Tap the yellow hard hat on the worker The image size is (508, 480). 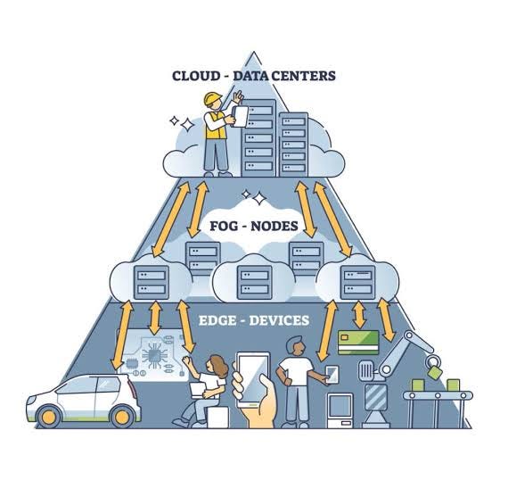[211, 99]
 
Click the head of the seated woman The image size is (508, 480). [217, 363]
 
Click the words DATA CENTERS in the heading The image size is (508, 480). [284, 76]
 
